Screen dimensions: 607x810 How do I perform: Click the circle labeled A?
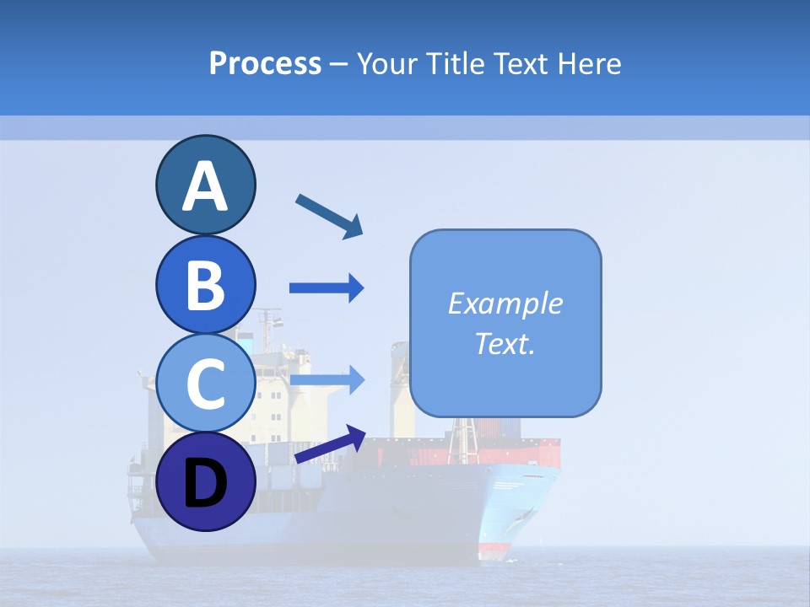pos(205,185)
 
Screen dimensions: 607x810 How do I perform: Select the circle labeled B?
pos(205,284)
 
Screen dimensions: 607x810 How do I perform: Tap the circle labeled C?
pos(205,384)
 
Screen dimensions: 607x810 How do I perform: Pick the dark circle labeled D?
pos(205,482)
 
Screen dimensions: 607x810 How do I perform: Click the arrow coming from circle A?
pos(329,216)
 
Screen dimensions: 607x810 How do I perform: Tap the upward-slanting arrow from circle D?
pos(330,444)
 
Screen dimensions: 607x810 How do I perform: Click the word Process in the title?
pos(265,64)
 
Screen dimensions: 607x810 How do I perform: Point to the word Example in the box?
pos(505,303)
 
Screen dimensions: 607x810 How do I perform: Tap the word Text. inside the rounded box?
pos(505,344)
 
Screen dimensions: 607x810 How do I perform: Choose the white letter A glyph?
pos(205,186)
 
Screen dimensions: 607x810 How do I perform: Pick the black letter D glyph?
pos(205,484)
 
